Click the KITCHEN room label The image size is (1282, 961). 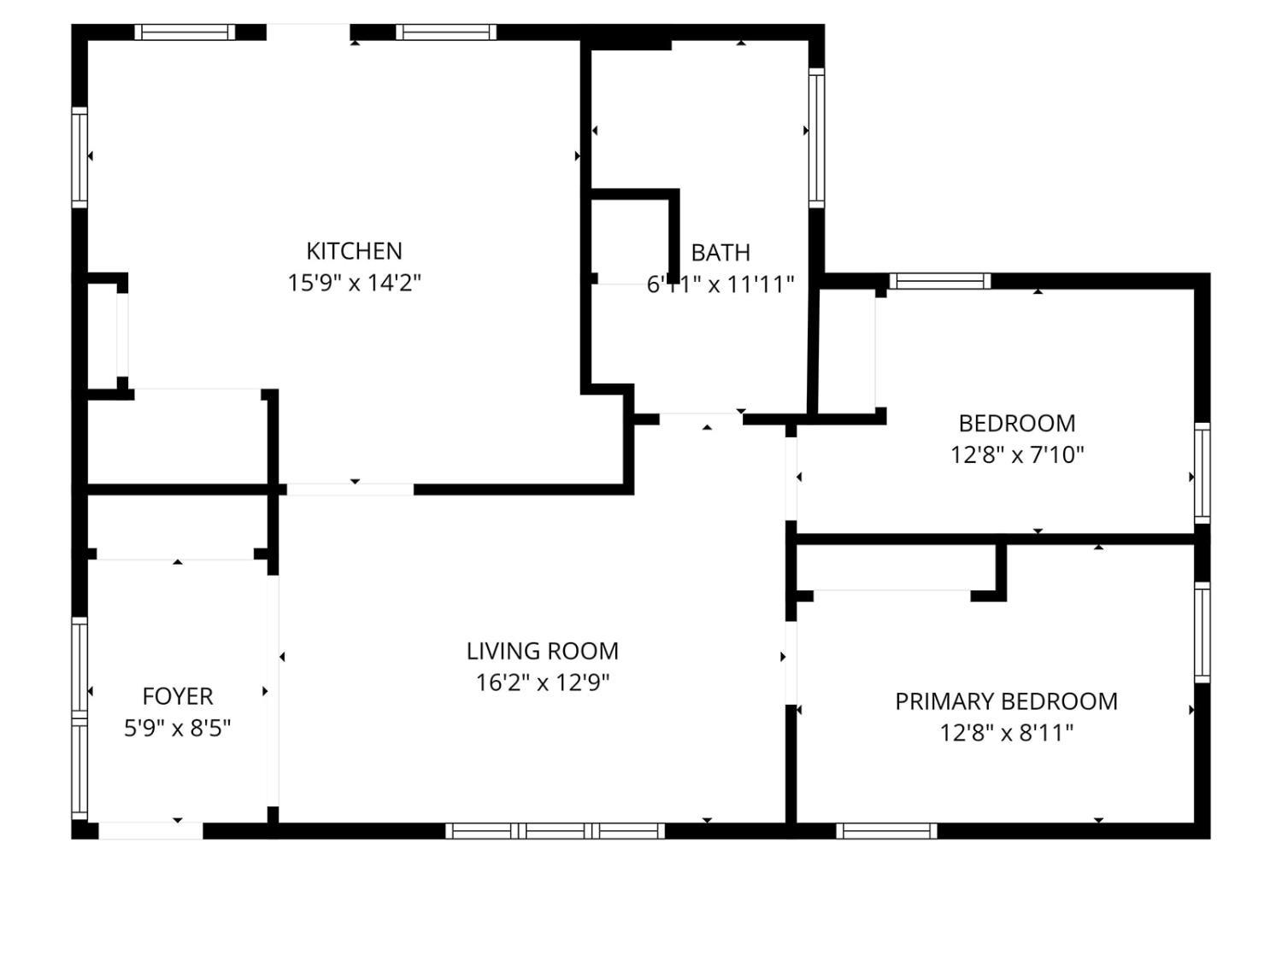coord(354,251)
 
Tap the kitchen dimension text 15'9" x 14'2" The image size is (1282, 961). coord(354,283)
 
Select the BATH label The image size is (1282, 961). coord(720,253)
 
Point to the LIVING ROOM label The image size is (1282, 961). coord(542,651)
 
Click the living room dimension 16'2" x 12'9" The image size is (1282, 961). coord(542,683)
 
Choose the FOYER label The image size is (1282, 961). coord(178,696)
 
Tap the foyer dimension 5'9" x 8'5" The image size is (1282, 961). coord(178,728)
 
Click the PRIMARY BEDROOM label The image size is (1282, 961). coord(1006,701)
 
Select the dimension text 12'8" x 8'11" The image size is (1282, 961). coord(1006,733)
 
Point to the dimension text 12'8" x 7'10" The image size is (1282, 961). coord(1017,454)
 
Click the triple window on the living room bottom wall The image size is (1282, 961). coord(555,830)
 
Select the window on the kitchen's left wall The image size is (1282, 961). coord(79,157)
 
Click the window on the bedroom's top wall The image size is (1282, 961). coord(939,281)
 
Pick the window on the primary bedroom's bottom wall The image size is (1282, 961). coord(886,830)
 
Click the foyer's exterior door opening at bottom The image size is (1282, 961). coord(150,830)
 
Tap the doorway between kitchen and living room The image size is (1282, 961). coord(350,489)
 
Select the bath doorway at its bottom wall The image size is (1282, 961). coord(700,419)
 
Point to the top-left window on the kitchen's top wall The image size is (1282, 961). coord(184,32)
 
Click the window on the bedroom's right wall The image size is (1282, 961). coord(1202,472)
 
